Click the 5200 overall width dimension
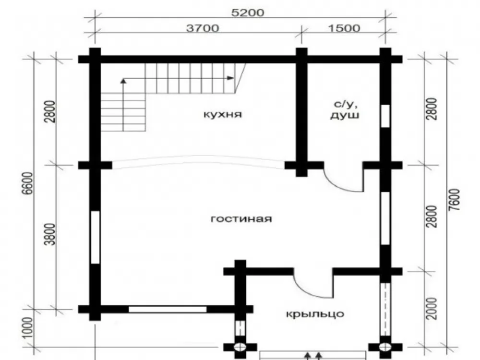point(248,13)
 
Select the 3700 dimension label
point(203,28)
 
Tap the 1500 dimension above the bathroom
point(344,28)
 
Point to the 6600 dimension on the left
point(28,184)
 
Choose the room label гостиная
point(241,219)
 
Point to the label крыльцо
point(315,314)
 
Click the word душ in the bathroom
point(345,116)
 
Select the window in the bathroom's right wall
point(385,116)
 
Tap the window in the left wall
point(95,237)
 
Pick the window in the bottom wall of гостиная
point(168,309)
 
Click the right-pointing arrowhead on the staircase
point(230,78)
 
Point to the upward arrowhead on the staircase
point(123,81)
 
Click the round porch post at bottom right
point(385,347)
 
